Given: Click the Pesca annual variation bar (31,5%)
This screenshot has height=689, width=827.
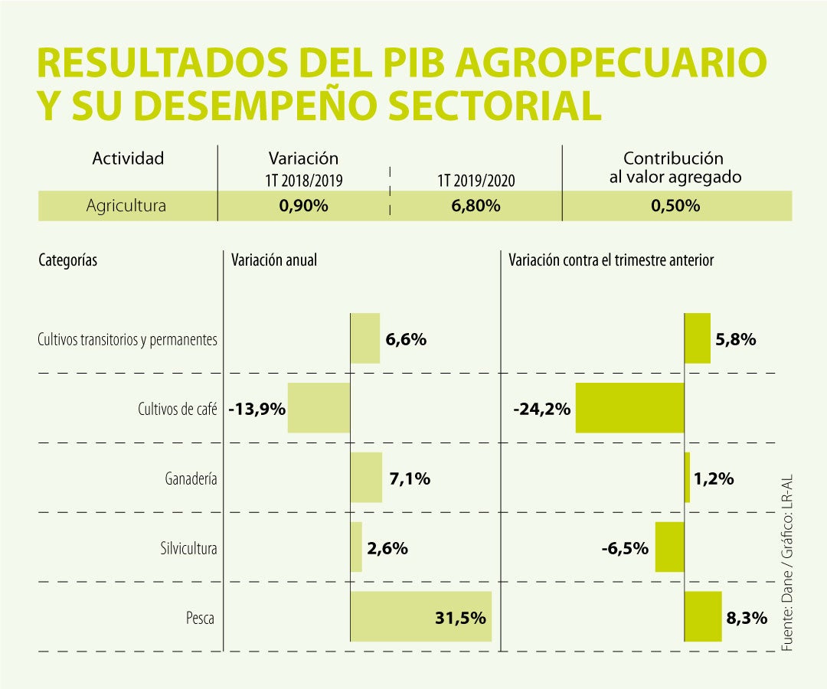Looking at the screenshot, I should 420,616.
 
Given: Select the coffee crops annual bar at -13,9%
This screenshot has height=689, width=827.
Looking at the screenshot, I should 319,408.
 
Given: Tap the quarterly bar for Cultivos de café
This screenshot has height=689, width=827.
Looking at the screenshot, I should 629,408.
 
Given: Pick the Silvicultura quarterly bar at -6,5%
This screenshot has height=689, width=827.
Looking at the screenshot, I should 669,547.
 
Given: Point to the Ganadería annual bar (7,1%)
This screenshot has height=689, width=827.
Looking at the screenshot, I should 366,478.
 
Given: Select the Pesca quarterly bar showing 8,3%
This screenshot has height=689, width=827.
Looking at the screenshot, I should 703,616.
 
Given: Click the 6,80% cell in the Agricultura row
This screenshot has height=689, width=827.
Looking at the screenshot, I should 476,206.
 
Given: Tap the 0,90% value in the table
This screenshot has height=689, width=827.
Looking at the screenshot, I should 303,206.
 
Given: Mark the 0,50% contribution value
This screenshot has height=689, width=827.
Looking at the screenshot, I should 673,206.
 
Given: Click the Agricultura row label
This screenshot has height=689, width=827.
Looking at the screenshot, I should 126,206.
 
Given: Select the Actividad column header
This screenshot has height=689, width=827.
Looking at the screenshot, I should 128,158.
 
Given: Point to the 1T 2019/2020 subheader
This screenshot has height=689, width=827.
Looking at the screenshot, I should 476,181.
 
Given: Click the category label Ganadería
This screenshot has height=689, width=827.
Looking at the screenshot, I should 191,479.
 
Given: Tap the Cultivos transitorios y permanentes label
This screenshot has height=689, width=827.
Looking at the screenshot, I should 127,339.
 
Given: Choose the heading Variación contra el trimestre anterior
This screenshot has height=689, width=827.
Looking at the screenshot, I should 611,260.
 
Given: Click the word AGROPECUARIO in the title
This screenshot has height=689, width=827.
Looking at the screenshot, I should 610,64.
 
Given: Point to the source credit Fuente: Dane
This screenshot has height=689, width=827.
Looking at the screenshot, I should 787,605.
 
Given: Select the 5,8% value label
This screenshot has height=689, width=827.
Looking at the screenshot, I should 735,339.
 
